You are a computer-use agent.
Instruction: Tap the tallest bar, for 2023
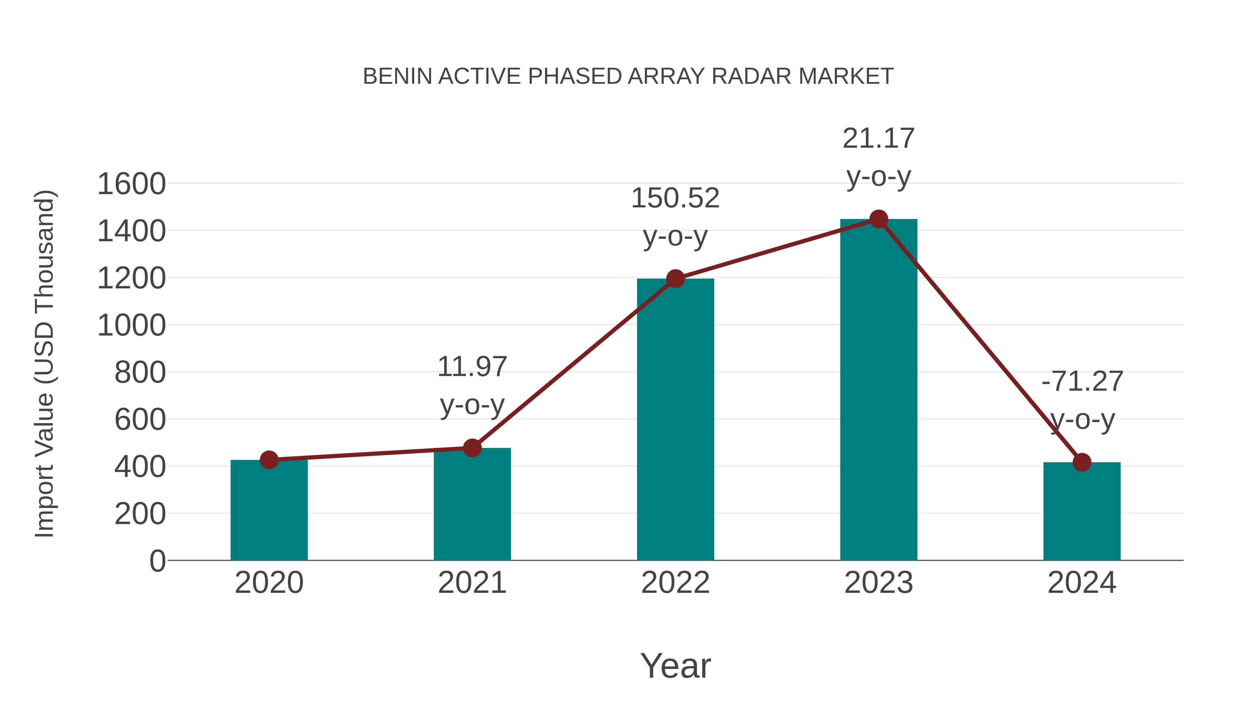click(x=879, y=390)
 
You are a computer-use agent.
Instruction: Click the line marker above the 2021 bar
click(x=472, y=448)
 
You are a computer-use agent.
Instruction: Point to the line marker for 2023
click(x=879, y=219)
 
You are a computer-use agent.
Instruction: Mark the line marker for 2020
click(x=269, y=459)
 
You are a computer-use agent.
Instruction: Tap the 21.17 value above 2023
click(x=879, y=139)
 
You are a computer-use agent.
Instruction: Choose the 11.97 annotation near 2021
click(x=472, y=367)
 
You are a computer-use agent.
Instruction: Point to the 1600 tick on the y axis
click(x=132, y=184)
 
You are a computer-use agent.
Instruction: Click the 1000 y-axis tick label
click(x=132, y=325)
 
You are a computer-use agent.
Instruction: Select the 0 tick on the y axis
click(x=157, y=561)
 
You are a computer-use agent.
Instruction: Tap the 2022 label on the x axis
click(x=675, y=583)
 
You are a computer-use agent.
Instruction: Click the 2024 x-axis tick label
click(x=1082, y=583)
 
